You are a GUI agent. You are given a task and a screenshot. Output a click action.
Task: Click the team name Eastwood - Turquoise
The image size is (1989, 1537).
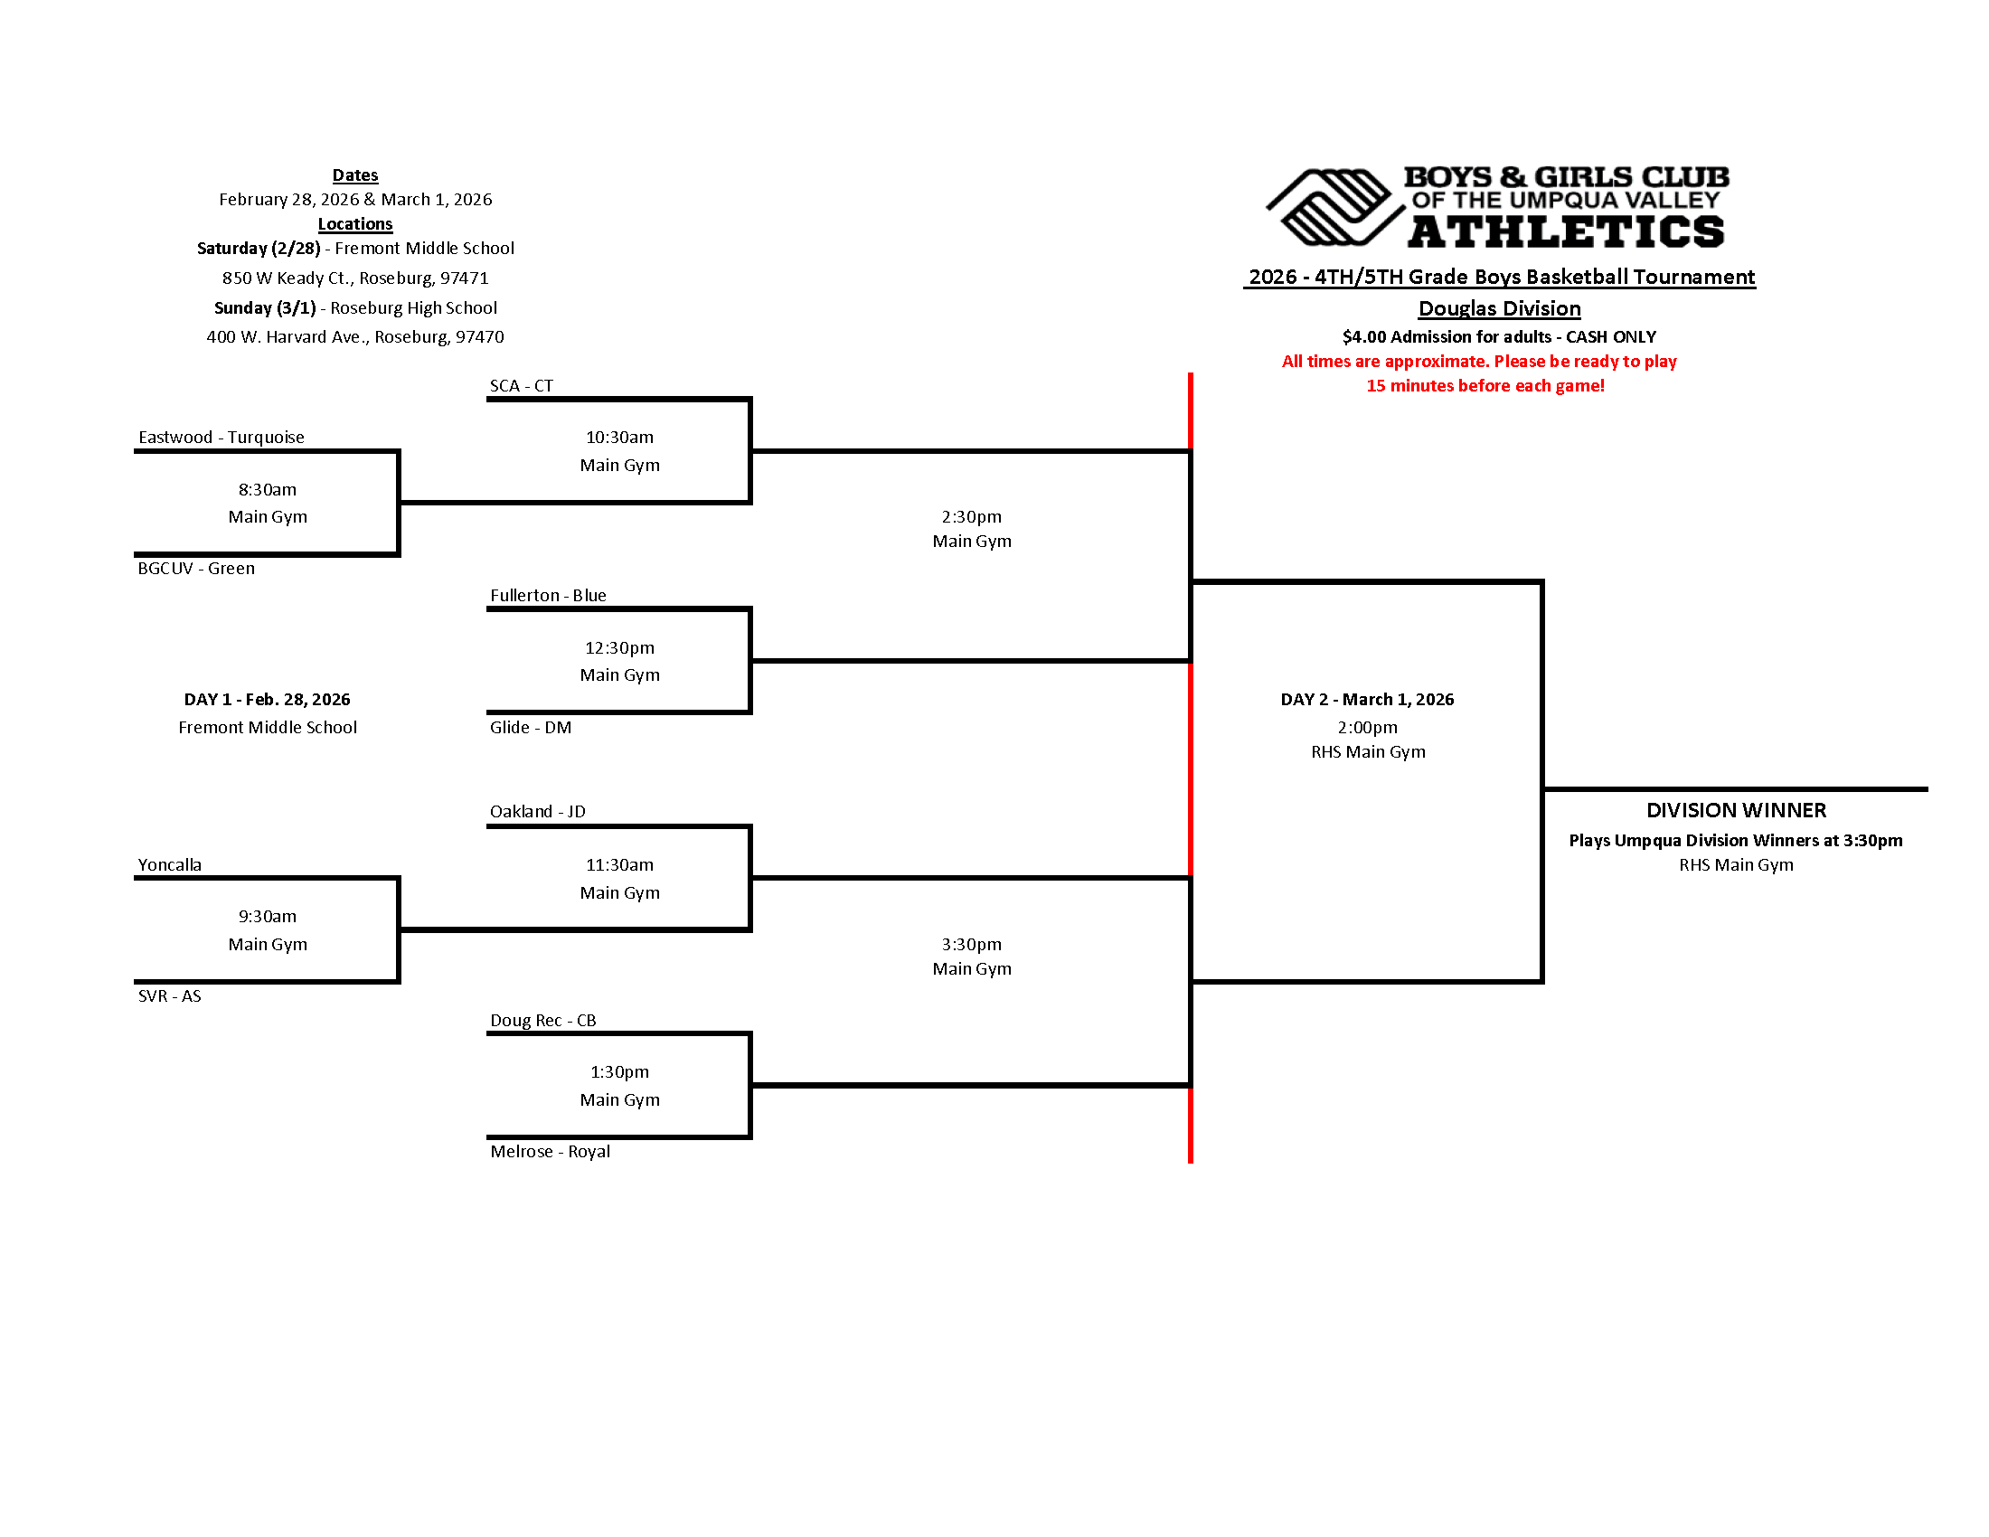point(222,437)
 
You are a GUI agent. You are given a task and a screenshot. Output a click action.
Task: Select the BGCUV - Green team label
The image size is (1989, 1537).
point(196,568)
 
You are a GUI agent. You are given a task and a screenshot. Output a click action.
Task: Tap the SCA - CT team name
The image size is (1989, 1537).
point(521,386)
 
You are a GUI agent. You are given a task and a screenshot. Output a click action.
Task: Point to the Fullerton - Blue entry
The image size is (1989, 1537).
point(547,596)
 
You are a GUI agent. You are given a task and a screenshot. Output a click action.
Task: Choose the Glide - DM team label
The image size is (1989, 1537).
point(530,728)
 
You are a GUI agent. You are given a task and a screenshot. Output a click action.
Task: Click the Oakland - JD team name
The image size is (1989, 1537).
point(537,811)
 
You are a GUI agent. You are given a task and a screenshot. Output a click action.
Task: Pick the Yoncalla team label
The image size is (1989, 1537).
point(169,865)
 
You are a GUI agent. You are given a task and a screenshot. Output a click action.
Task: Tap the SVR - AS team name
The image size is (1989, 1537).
point(169,996)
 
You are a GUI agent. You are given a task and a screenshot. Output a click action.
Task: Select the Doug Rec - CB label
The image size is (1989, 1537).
point(542,1021)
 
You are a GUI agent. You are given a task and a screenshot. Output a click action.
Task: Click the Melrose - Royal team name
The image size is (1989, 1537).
point(550,1152)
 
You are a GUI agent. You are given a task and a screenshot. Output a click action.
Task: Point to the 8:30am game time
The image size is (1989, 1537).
point(267,490)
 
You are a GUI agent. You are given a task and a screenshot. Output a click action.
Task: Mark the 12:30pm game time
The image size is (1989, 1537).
point(619,648)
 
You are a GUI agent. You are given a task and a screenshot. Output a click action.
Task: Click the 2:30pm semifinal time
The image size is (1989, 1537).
point(971,517)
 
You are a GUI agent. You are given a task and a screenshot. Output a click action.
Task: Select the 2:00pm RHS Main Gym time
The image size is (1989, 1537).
point(1367,728)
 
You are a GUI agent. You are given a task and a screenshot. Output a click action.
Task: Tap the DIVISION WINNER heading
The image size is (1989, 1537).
point(1736,810)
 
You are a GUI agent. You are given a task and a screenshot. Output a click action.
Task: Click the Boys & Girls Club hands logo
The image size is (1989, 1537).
point(1332,208)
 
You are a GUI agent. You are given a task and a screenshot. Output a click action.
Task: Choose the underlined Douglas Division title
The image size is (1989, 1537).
point(1499,308)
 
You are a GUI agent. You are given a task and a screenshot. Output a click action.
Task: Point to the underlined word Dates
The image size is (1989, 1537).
point(355,175)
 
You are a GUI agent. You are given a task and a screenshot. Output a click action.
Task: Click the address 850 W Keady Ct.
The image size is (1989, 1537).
point(355,278)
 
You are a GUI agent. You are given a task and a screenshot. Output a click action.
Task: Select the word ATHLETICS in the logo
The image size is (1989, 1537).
point(1566,232)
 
